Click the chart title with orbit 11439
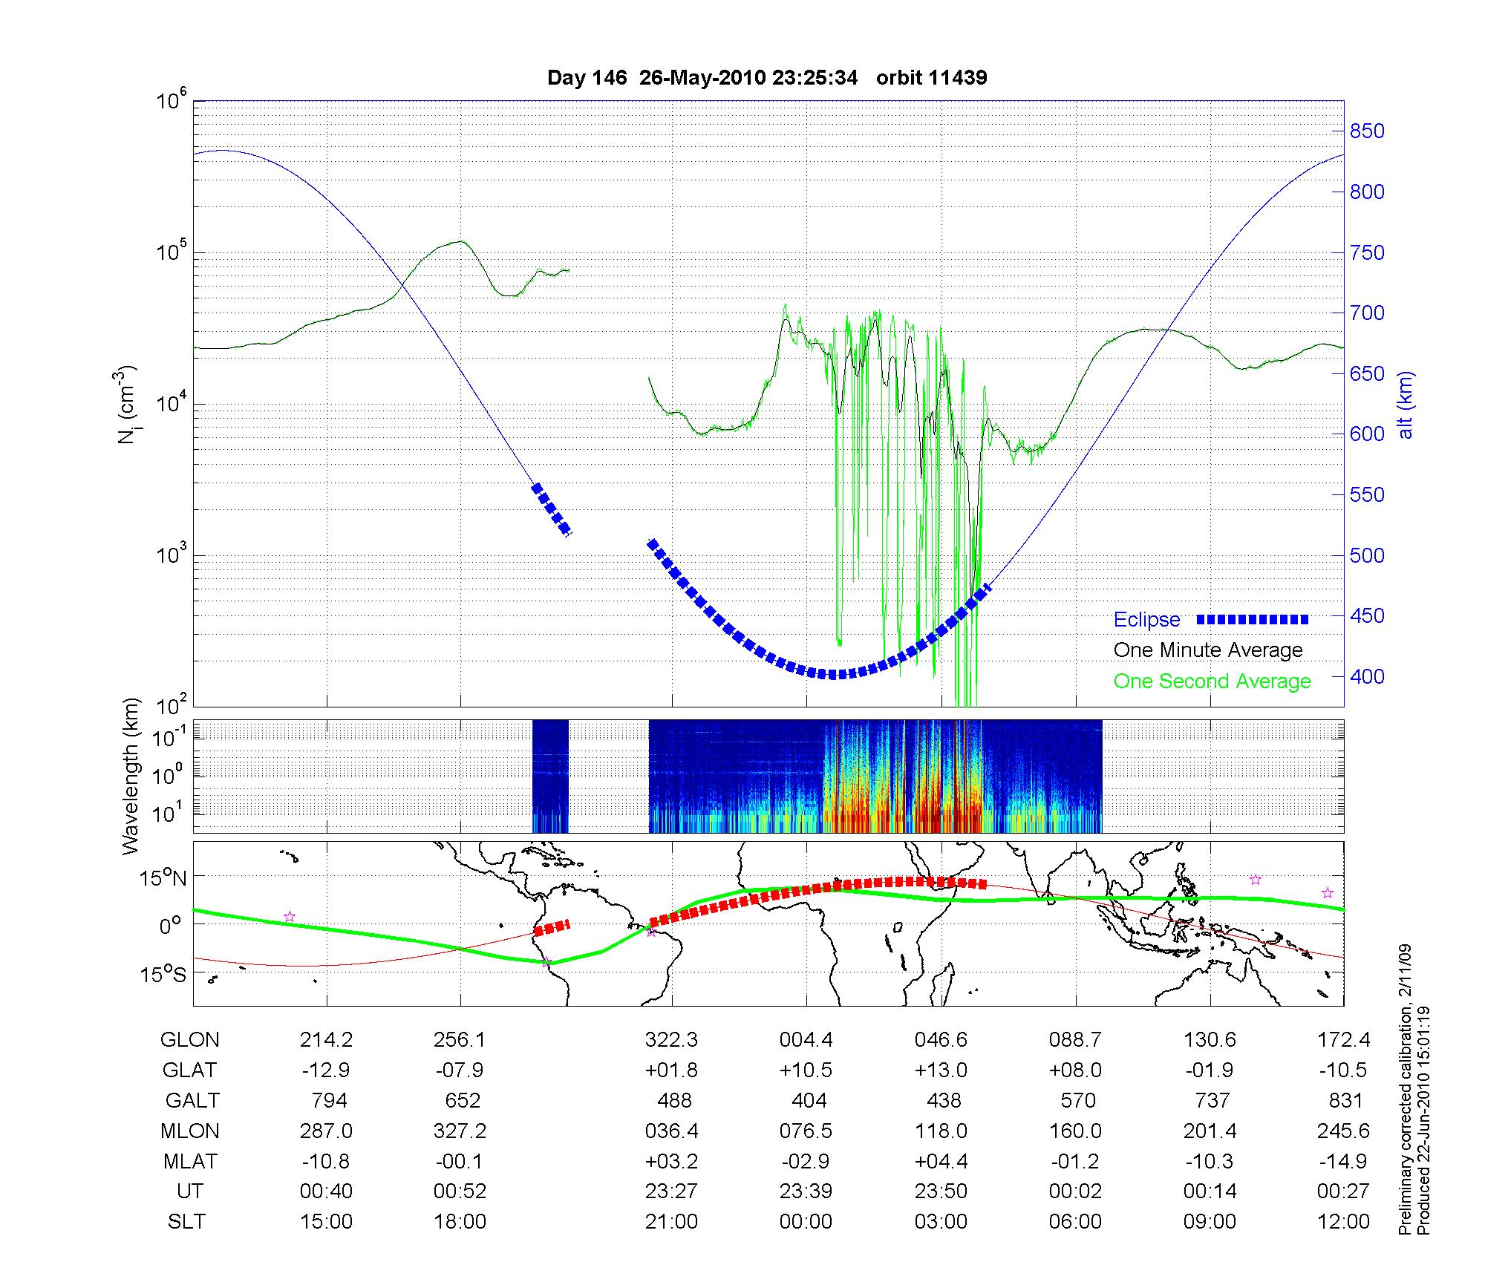click(x=767, y=78)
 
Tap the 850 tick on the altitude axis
click(x=1367, y=131)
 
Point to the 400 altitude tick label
click(x=1367, y=676)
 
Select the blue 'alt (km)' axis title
click(x=1406, y=405)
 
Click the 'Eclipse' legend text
click(x=1146, y=620)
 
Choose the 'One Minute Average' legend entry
click(x=1208, y=650)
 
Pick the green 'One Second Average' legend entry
click(x=1212, y=681)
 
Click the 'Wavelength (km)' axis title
click(x=131, y=777)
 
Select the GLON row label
click(x=190, y=1040)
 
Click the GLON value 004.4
click(x=806, y=1040)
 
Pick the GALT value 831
click(x=1345, y=1100)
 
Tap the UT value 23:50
click(x=941, y=1191)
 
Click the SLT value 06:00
click(x=1076, y=1222)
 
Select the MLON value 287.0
click(x=326, y=1131)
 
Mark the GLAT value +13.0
click(x=941, y=1070)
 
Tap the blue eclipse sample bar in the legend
click(x=1253, y=619)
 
